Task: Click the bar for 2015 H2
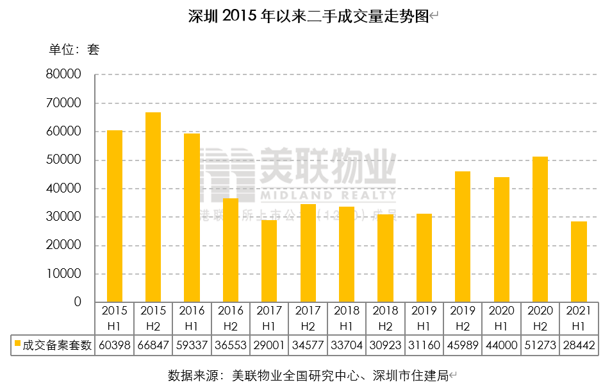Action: (x=153, y=207)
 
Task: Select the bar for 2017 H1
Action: (x=269, y=261)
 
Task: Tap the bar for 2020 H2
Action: (x=540, y=229)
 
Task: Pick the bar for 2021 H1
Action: (x=579, y=262)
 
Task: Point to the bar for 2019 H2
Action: (x=463, y=237)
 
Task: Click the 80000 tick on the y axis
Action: (x=63, y=74)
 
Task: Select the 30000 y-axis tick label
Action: (x=63, y=217)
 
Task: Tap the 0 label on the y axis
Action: (x=78, y=302)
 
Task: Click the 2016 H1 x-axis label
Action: (x=192, y=317)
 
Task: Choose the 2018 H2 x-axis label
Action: (x=385, y=317)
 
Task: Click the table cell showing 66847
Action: (x=153, y=345)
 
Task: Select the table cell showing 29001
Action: (x=269, y=345)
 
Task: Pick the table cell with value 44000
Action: (x=501, y=345)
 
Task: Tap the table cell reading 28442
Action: (x=579, y=345)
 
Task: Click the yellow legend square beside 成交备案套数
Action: (x=17, y=345)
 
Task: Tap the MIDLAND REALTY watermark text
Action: (x=328, y=195)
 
